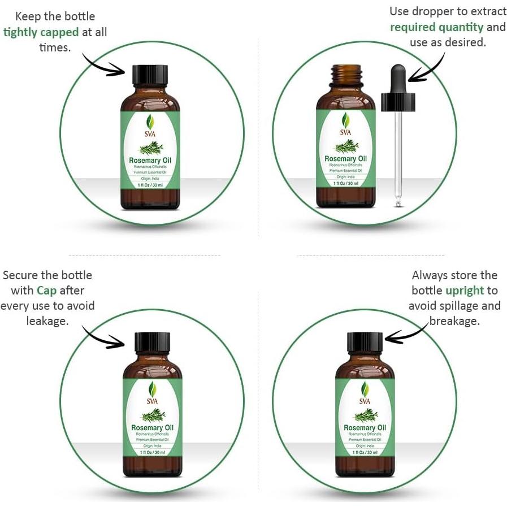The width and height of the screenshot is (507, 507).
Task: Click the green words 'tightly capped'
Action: pyautogui.click(x=41, y=32)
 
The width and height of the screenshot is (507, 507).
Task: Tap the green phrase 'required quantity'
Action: pyautogui.click(x=436, y=27)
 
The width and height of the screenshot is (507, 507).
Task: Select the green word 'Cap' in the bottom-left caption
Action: pyautogui.click(x=47, y=291)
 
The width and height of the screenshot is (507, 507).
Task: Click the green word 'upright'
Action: pyautogui.click(x=465, y=291)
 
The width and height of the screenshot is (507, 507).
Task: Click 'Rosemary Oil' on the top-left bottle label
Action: pyautogui.click(x=150, y=161)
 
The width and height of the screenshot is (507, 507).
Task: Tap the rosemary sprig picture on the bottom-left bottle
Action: pyautogui.click(x=153, y=415)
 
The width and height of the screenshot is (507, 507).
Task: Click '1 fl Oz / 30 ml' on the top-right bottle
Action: pyautogui.click(x=346, y=183)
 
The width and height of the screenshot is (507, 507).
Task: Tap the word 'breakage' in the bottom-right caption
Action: pyautogui.click(x=454, y=320)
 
